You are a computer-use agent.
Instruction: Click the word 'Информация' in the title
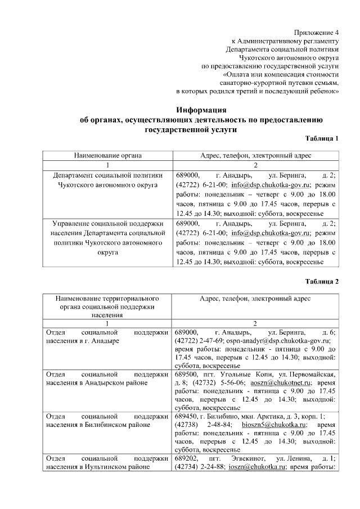coord(201,109)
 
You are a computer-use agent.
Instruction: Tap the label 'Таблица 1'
coord(322,138)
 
